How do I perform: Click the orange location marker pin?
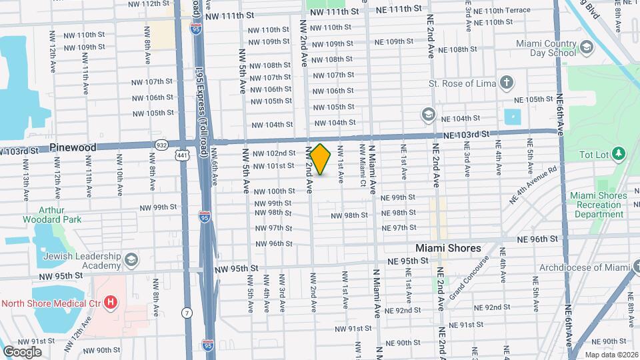tap(321, 159)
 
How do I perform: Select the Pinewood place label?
tap(73, 147)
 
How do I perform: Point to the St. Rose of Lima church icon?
tap(507, 84)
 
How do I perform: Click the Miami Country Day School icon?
tap(586, 47)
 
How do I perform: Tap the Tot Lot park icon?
tap(619, 155)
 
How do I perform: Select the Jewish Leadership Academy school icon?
tap(131, 258)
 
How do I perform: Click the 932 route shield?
tap(162, 144)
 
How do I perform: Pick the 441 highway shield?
tap(181, 155)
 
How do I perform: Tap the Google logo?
tap(22, 351)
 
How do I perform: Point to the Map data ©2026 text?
tap(610, 355)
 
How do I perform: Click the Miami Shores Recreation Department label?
tap(598, 205)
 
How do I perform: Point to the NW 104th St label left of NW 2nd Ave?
tap(272, 125)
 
